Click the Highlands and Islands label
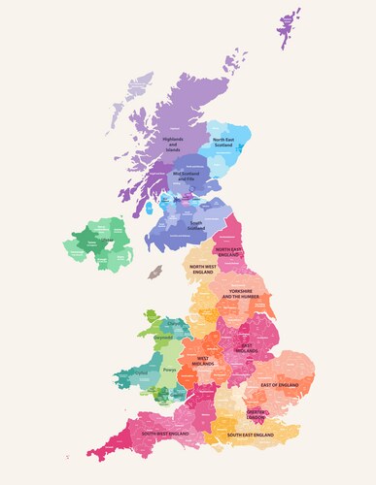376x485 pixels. click(x=172, y=145)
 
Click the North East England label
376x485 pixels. click(x=230, y=251)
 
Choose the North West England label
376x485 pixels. click(x=203, y=269)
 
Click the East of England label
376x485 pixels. click(x=280, y=385)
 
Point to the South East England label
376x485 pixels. click(x=255, y=436)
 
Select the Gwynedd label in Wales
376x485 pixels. click(x=162, y=338)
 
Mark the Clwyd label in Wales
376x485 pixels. click(x=175, y=323)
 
